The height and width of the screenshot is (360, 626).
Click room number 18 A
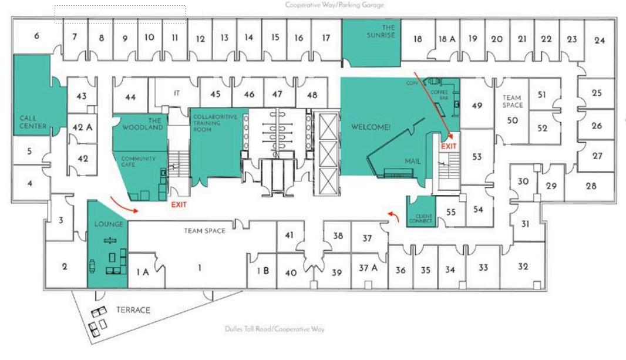coord(447,39)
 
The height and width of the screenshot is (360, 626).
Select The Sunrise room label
coord(388,31)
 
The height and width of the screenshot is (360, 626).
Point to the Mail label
coord(413,161)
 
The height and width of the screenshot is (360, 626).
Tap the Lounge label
coord(109,224)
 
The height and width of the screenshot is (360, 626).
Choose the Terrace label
coord(133,310)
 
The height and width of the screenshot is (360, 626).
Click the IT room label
coord(177,93)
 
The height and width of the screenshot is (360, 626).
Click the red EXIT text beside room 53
coord(449,146)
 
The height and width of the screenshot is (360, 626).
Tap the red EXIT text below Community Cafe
coord(179,205)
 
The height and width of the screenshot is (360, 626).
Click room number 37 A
coord(368,268)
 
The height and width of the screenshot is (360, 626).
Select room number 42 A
coord(82,127)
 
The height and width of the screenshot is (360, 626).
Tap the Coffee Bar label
coord(439,95)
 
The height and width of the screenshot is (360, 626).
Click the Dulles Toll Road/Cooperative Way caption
coord(274,329)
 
